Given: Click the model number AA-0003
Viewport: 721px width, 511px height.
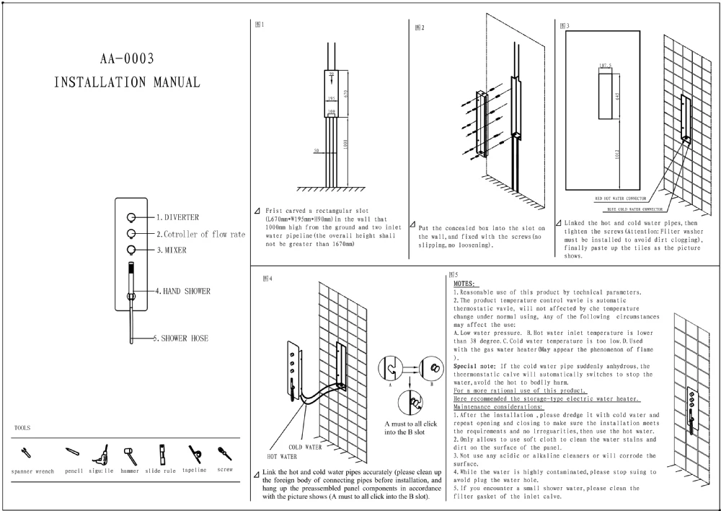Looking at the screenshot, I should (126, 58).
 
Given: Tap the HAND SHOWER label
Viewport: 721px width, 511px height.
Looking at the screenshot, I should (187, 291).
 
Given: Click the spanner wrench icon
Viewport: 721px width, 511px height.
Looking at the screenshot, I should (27, 453).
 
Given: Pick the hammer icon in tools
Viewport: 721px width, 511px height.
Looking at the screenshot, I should (130, 454).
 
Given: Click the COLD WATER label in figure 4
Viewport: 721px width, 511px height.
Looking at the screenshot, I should (305, 447).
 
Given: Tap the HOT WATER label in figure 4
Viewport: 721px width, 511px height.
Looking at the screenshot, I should (282, 457).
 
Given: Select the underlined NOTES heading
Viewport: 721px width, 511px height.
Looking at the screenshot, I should (464, 284).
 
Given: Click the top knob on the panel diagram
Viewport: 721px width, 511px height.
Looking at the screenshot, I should (131, 217).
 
